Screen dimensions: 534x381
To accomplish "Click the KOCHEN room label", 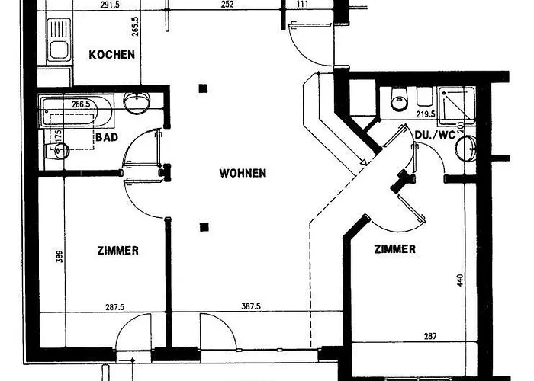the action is pos(111,54).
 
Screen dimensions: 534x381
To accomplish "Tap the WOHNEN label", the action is pos(243,173).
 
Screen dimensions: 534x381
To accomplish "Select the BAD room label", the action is pos(107,137).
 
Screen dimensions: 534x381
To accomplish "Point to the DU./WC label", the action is pos(436,135).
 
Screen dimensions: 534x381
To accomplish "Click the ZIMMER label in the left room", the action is pos(118,251).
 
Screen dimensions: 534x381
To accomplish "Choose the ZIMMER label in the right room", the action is pos(395,249).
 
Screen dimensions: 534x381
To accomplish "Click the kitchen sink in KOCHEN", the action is pos(60,40).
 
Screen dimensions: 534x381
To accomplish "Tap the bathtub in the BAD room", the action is pos(76,111).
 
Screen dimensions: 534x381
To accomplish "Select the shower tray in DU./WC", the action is pos(457,106).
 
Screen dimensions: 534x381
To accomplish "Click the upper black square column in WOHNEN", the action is pos(204,89).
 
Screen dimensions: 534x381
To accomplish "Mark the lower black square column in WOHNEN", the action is pos(204,227).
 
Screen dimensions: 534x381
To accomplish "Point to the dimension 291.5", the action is pos(110,5).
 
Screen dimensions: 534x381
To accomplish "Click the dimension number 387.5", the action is pos(251,306).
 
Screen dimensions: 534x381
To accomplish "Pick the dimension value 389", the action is pos(60,257).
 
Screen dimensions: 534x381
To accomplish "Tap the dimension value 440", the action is pos(461,280).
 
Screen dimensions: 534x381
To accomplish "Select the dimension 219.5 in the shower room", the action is pos(426,114).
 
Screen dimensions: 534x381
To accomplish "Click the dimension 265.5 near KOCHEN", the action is pos(135,26).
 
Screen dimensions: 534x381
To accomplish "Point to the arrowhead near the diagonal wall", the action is pos(364,162).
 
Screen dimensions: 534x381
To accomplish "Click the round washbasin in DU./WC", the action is pos(467,149).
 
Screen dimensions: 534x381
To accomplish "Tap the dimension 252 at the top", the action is pos(227,5).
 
